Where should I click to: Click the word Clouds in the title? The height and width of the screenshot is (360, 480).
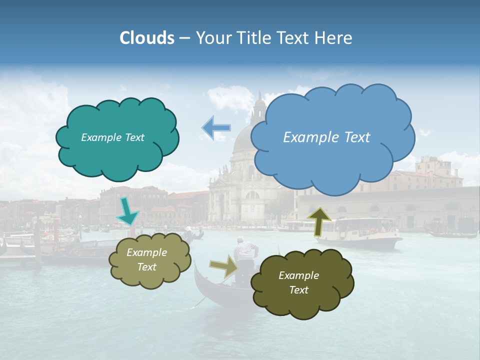(147, 38)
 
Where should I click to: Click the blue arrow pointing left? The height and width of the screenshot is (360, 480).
(216, 128)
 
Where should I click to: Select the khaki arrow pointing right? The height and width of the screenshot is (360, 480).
(224, 266)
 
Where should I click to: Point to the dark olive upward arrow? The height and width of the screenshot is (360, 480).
(319, 221)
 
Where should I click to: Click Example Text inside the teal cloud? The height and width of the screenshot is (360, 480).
(112, 137)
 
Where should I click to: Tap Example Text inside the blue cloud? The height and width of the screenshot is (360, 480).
(326, 137)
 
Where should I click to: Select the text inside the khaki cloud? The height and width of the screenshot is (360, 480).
(146, 260)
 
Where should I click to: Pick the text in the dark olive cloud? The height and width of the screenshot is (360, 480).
(298, 282)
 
